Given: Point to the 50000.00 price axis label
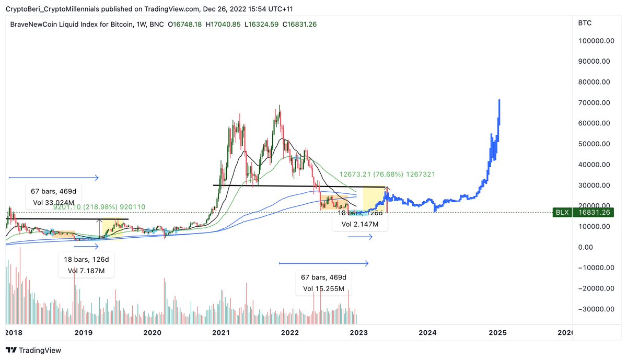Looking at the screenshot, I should click(x=594, y=144).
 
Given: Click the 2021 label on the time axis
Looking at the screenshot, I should click(x=222, y=332).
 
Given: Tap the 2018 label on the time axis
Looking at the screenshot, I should click(x=13, y=332).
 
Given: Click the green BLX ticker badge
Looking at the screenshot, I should click(x=563, y=212).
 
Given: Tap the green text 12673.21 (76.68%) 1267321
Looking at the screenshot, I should click(x=387, y=174).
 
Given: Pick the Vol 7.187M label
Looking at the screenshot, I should click(x=86, y=271).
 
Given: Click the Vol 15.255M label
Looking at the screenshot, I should click(x=323, y=288).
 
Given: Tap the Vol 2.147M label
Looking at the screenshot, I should click(x=360, y=224).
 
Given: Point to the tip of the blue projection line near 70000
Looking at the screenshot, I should click(x=500, y=100).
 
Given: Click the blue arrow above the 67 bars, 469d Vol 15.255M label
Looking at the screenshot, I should click(x=324, y=263).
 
